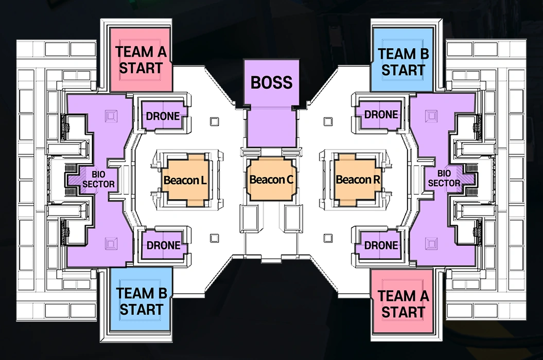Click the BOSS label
(x=272, y=82)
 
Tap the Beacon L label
(x=185, y=180)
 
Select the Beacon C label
(x=272, y=179)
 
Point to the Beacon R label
(x=358, y=179)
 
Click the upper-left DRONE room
(x=163, y=116)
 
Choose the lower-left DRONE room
(x=163, y=245)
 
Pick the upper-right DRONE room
(x=381, y=114)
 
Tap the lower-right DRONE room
(x=381, y=245)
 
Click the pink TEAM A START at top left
(x=141, y=60)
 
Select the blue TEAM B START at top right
(x=403, y=61)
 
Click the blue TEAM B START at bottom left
(x=141, y=300)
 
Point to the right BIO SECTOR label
(x=444, y=178)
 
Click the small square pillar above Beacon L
(x=214, y=121)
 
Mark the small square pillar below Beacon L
(x=214, y=238)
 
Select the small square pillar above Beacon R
(x=328, y=121)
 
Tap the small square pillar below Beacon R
(x=328, y=238)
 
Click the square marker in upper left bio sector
(x=111, y=116)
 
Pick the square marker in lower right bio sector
(x=431, y=243)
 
